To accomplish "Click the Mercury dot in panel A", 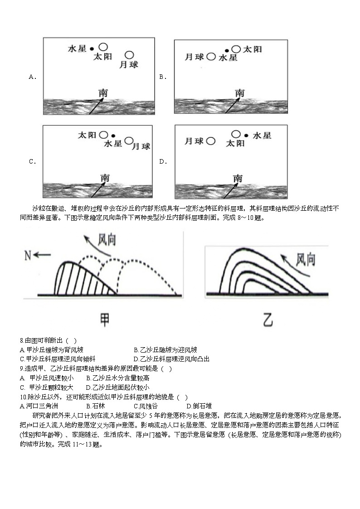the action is coord(92,48).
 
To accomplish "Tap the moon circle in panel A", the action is coord(129,55).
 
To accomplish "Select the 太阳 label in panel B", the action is coord(253,49).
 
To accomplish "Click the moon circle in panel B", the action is coord(211,57).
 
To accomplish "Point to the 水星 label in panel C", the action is coord(113,144).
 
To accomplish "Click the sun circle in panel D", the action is coord(236,134).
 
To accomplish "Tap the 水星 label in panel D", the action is coord(262,135).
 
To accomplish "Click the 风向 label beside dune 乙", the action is coord(306,259).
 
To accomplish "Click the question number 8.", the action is coord(22,340).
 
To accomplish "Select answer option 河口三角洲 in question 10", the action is coord(37,406).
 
